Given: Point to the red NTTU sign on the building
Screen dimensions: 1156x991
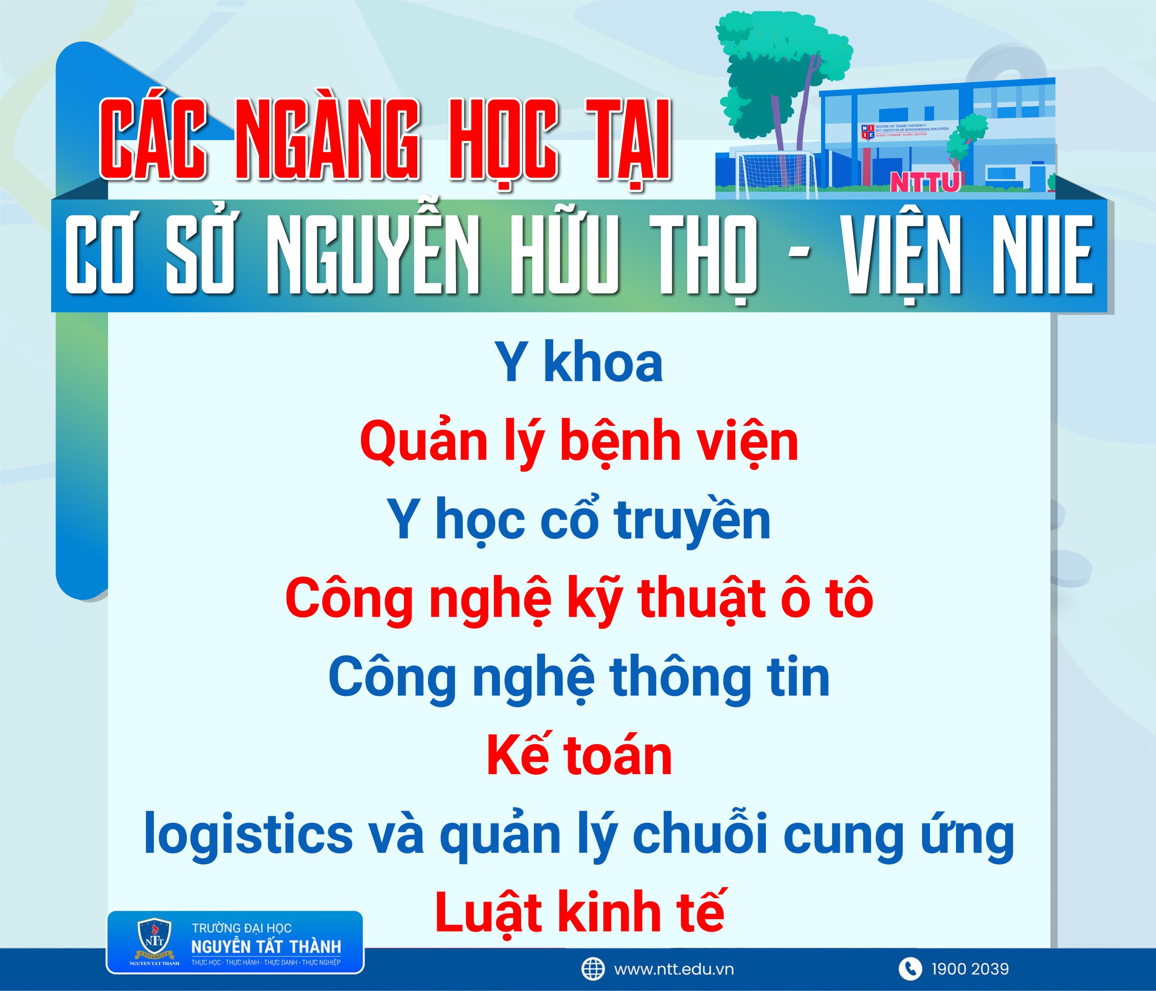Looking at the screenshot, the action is [x=924, y=182].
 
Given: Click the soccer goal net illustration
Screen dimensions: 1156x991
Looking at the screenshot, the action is [x=775, y=174].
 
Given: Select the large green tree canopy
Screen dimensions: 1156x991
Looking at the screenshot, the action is [x=784, y=61].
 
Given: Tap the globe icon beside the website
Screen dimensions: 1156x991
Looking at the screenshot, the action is [x=592, y=969].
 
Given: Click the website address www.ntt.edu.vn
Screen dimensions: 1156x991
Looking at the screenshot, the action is [x=673, y=969].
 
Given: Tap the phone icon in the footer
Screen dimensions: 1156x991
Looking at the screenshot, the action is [x=910, y=969].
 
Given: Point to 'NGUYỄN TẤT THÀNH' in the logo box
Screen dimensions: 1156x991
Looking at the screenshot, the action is [x=266, y=947].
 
